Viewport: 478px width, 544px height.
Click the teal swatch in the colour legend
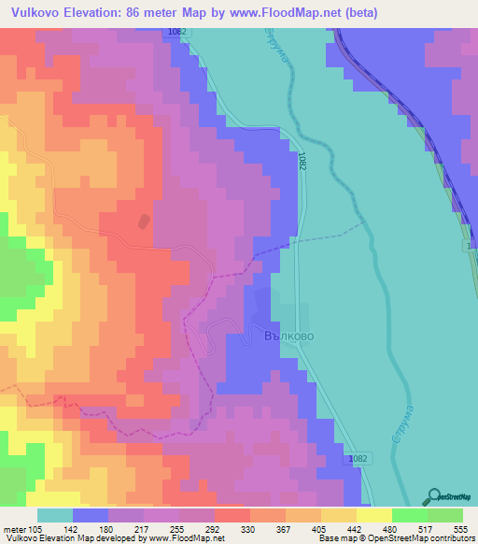coord(55,515)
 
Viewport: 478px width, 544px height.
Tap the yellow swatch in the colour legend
coord(374,515)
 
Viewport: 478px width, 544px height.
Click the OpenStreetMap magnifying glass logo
coord(432,495)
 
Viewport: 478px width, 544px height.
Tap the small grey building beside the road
coord(143,222)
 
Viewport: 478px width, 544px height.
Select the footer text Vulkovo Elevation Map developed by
coord(56,538)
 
